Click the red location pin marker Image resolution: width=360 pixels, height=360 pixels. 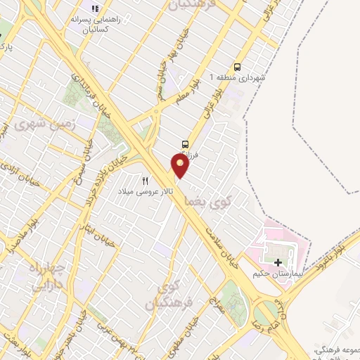click(181, 166)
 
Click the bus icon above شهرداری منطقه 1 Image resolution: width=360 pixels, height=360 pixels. click(237, 67)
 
